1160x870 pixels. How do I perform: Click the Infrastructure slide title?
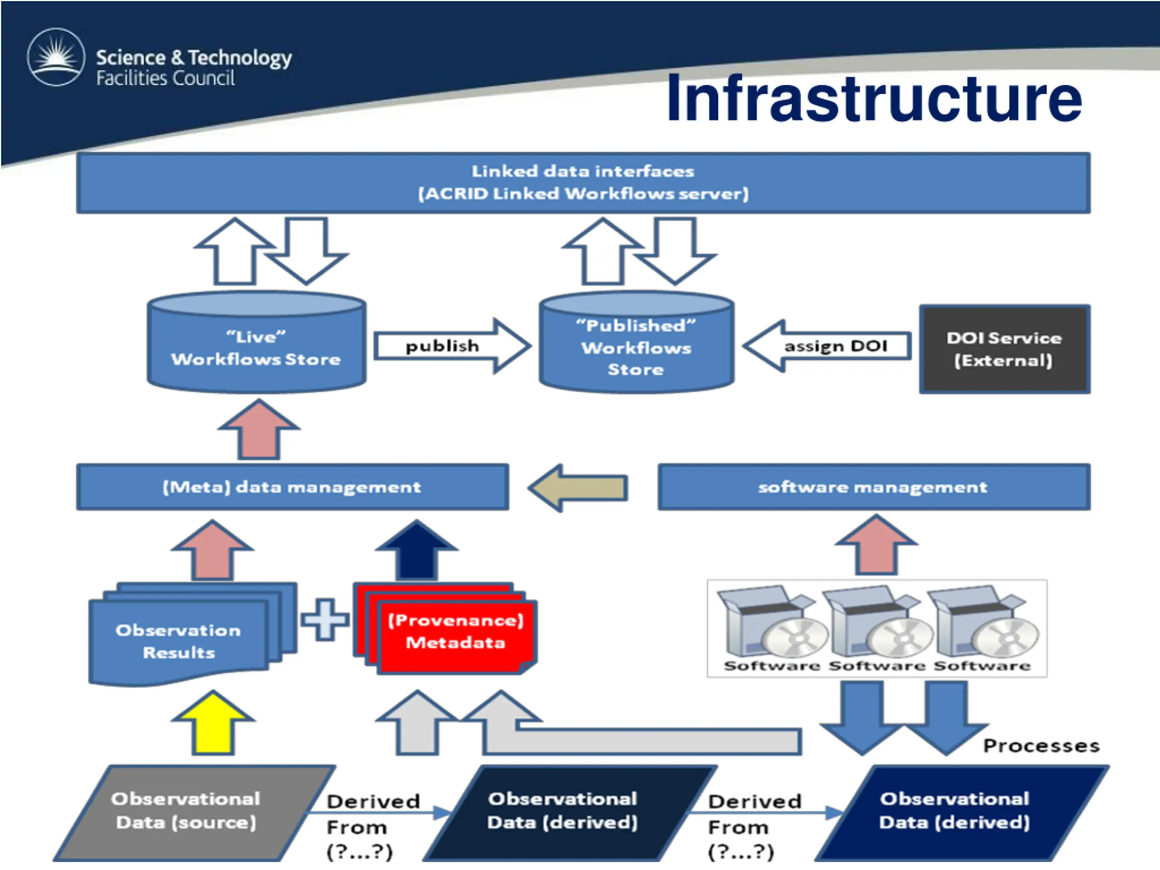tap(874, 98)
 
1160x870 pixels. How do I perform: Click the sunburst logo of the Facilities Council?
tap(56, 57)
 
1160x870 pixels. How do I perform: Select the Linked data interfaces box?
tap(583, 183)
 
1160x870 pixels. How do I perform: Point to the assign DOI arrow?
tap(827, 346)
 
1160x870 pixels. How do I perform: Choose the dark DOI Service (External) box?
tap(1004, 349)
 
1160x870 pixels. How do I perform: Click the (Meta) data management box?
tap(292, 487)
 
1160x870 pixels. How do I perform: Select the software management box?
tap(874, 487)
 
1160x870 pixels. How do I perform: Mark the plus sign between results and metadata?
tap(325, 620)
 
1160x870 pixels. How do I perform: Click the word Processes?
tap(1041, 746)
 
